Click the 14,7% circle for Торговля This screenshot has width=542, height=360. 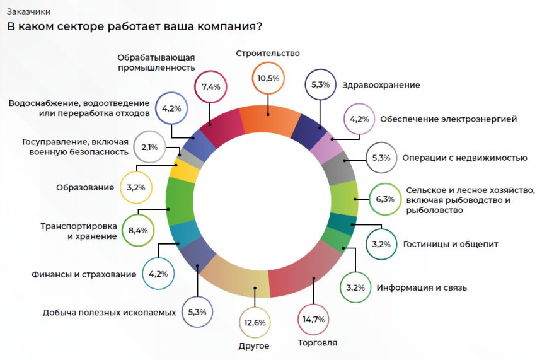coord(313,320)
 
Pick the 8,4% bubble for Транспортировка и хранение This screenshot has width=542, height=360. coord(137,230)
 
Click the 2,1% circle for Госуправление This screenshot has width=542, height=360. coord(150,147)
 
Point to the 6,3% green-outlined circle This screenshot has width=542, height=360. coord(384,199)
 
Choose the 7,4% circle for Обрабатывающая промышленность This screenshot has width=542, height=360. coord(210,86)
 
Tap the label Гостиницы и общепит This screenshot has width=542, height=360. coord(441,244)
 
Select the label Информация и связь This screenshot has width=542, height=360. coord(422,288)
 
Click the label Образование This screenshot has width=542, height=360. coord(84,187)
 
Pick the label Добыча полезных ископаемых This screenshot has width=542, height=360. coord(109,312)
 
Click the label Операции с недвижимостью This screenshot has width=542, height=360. coord(464,158)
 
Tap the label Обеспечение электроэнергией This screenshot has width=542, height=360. coord(448,118)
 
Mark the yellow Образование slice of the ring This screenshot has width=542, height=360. coord(183,171)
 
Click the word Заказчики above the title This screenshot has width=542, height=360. coord(28,11)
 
